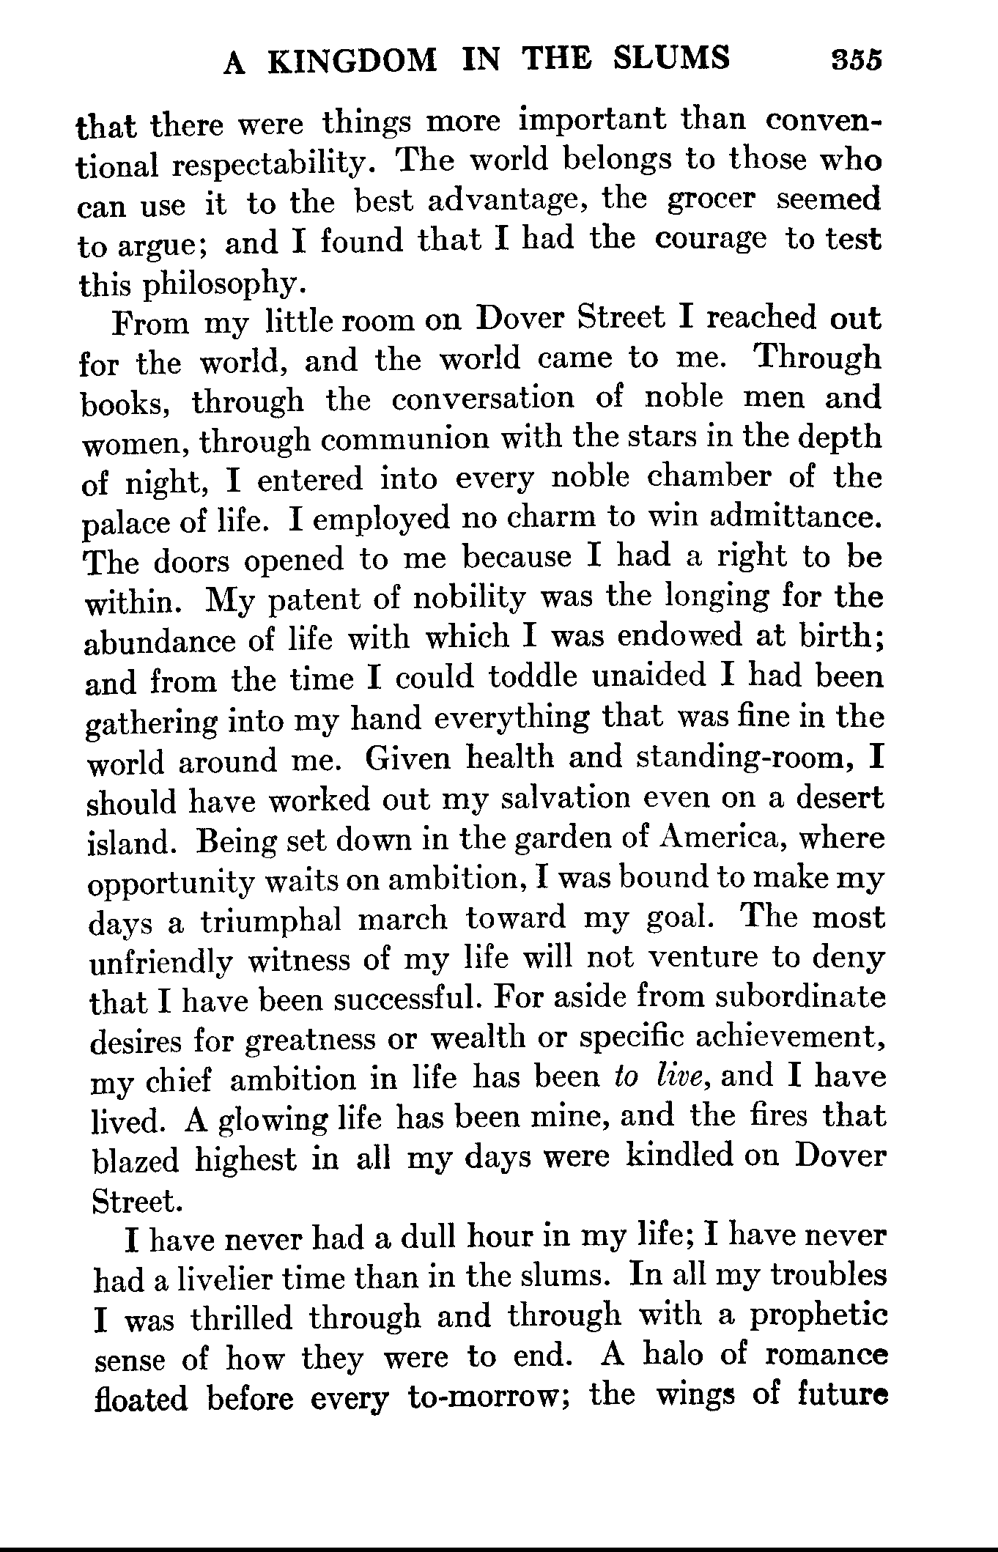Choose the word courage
(711, 240)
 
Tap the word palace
(127, 522)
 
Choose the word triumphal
(271, 920)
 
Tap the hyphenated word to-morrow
(484, 1398)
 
